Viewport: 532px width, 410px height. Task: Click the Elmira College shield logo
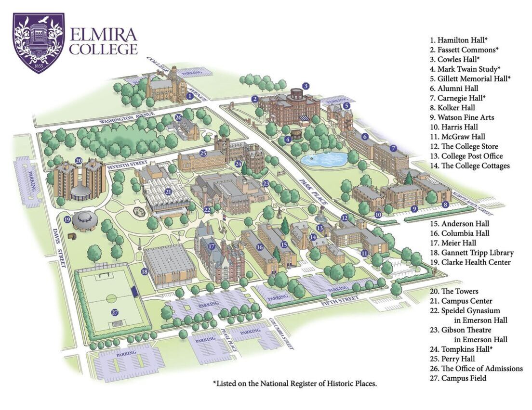point(39,43)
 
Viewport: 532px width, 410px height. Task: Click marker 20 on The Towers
point(79,161)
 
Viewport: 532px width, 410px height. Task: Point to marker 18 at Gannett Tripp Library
point(145,272)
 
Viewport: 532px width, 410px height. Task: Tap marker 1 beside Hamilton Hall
point(190,96)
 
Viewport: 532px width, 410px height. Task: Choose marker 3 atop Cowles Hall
point(305,86)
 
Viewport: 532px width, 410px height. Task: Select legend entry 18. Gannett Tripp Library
point(472,253)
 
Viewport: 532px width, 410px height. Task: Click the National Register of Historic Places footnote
point(294,384)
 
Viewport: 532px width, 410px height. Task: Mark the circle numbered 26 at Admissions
point(178,117)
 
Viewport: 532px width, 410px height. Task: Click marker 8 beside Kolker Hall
point(445,205)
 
